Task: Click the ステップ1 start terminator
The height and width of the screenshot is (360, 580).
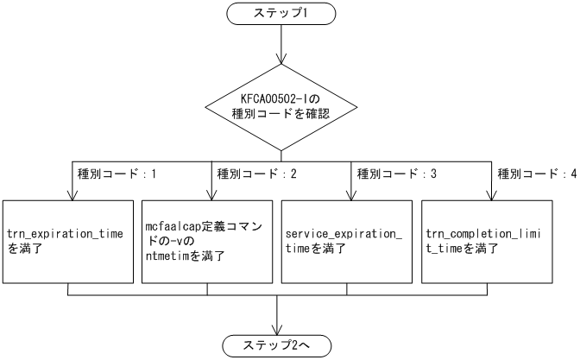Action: coord(279,15)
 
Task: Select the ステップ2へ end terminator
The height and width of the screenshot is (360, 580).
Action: coord(279,345)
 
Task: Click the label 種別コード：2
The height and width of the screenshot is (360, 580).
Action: coord(251,174)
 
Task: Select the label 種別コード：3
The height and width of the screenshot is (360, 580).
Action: coord(392,174)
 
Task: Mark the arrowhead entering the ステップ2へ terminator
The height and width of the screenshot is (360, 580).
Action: coord(279,330)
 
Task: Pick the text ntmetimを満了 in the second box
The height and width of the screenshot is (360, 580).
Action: coord(185,256)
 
